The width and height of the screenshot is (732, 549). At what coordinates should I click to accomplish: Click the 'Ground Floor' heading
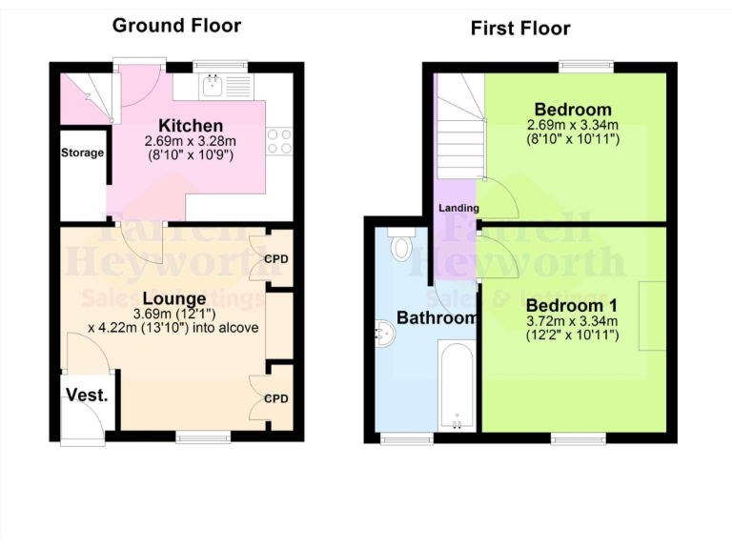click(x=176, y=25)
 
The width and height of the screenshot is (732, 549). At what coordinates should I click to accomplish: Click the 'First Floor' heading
click(x=520, y=28)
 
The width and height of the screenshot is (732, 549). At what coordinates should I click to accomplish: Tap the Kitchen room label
click(x=191, y=126)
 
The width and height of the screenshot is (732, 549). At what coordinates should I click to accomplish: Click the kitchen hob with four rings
click(x=278, y=141)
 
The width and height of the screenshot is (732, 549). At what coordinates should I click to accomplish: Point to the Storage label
click(x=83, y=152)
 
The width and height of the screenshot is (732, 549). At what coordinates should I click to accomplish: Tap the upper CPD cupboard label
click(x=276, y=259)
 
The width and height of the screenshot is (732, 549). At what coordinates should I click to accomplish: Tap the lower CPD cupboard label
click(x=276, y=398)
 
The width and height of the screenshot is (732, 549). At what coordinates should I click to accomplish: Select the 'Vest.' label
click(x=87, y=395)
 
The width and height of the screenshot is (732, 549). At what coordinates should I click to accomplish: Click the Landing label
click(x=458, y=208)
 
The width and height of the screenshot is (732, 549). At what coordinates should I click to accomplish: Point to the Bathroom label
click(x=437, y=317)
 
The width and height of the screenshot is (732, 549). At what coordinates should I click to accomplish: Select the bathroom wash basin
click(x=387, y=333)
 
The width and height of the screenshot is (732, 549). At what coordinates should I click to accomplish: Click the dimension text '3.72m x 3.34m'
click(x=572, y=321)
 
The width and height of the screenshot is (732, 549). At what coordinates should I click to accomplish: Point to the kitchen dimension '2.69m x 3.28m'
click(x=190, y=141)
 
